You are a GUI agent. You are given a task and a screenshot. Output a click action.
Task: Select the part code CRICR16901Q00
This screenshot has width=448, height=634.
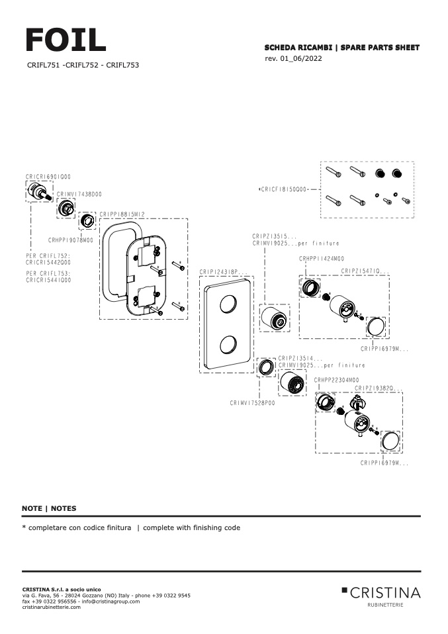pos(48,177)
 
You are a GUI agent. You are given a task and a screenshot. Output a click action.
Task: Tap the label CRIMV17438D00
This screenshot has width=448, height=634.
pos(84,195)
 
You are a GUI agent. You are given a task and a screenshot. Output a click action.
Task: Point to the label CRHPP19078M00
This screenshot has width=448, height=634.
pos(71,240)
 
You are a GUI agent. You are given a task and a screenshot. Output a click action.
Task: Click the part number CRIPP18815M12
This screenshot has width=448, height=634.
pos(123,214)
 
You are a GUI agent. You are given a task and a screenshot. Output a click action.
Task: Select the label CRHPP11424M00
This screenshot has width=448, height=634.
pos(321,259)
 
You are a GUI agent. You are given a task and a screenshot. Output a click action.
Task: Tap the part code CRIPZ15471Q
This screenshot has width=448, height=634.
pos(365,271)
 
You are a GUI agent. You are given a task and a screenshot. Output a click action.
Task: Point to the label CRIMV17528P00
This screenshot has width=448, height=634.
pos(252,402)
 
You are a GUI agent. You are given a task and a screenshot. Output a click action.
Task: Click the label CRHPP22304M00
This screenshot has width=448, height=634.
pos(337,380)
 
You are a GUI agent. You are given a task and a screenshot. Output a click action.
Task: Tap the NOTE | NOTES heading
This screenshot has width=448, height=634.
pos(49,508)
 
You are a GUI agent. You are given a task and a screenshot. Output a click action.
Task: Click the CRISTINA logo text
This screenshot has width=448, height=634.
pos(384,592)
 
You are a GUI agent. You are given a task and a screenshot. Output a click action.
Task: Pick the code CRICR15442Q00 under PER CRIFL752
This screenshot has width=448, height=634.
pos(48,262)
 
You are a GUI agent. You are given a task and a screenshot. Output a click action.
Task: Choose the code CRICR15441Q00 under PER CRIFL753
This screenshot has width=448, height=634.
pos(48,280)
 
